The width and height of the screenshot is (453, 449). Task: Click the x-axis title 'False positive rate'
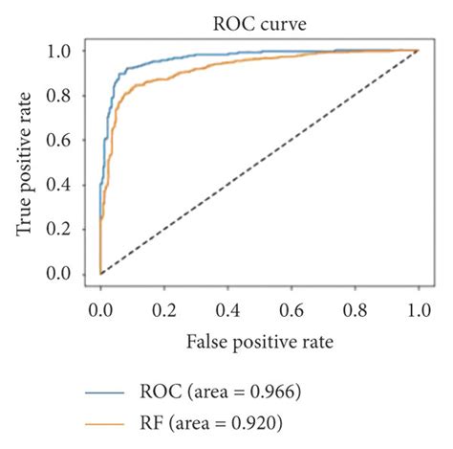coord(259,339)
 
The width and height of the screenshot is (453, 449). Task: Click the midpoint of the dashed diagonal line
coord(259,162)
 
